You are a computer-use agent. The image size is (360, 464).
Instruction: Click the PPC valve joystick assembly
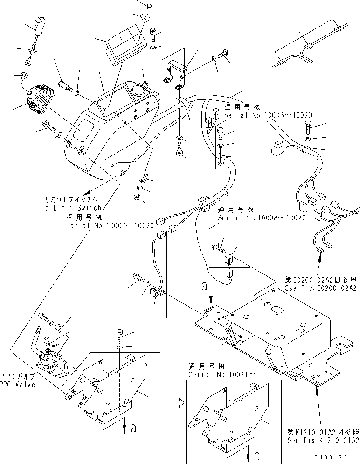(50, 361)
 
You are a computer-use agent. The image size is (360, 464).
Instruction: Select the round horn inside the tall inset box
(154, 294)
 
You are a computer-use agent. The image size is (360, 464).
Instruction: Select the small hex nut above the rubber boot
(23, 76)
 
